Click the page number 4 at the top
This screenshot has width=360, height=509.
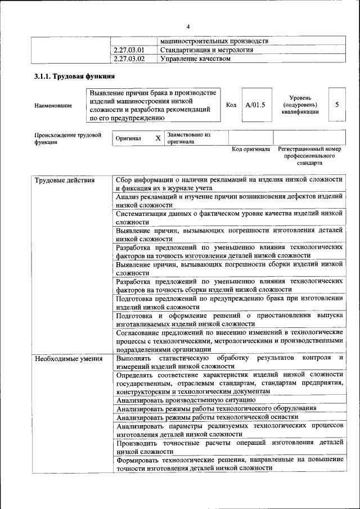(x=188, y=26)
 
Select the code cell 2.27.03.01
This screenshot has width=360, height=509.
(x=129, y=50)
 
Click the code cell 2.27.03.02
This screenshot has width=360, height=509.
(x=129, y=58)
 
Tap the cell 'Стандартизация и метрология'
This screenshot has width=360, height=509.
(x=206, y=50)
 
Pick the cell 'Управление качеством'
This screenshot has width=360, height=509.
(x=195, y=58)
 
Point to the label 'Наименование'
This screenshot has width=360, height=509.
(x=53, y=105)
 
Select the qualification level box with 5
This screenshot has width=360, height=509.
(x=336, y=104)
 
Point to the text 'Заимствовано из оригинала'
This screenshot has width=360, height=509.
(x=188, y=138)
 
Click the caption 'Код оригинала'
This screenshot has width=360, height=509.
(x=251, y=150)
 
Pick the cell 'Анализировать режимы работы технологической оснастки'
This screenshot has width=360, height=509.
(x=207, y=417)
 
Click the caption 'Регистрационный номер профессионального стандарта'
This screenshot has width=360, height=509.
(x=310, y=156)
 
